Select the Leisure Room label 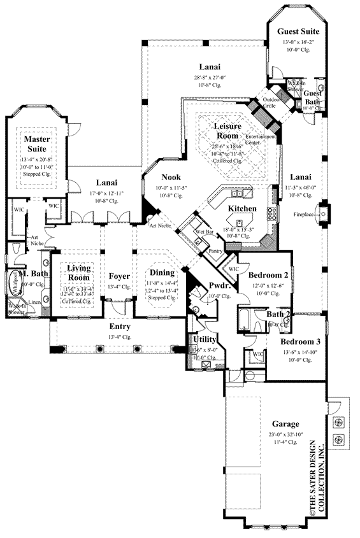[227, 131]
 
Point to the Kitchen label [242, 209]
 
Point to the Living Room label [80, 273]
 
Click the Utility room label [205, 340]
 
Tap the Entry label [119, 327]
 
